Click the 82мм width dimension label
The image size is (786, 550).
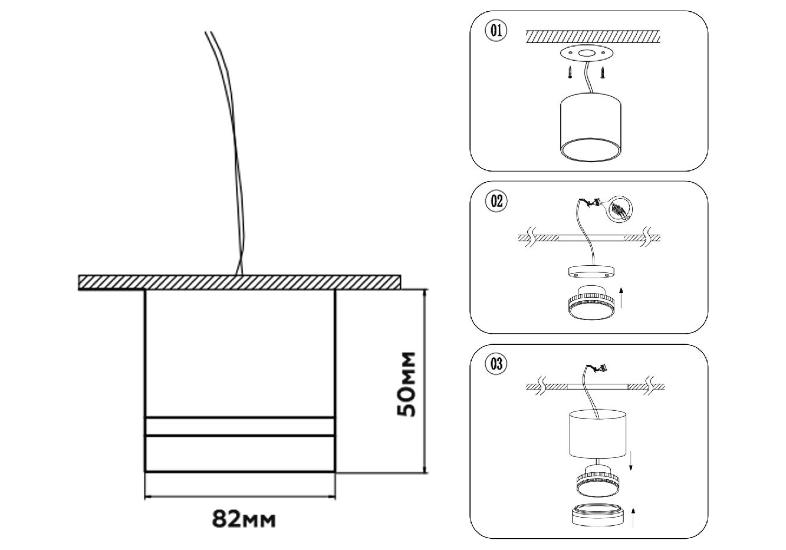pyautogui.click(x=244, y=519)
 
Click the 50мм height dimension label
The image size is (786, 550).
pyautogui.click(x=407, y=384)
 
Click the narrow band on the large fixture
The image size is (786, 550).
pyautogui.click(x=240, y=427)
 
